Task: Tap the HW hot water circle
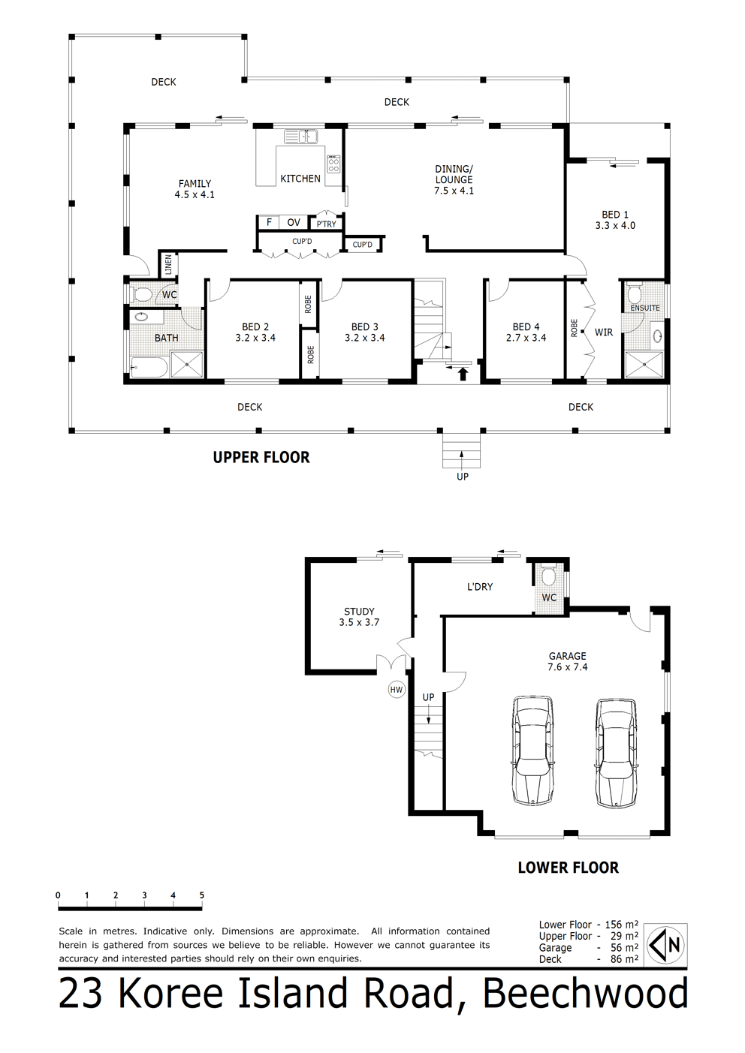(x=397, y=690)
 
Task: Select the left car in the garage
(x=532, y=751)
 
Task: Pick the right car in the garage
(x=616, y=753)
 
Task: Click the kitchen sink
(x=301, y=137)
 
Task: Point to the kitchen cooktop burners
(x=333, y=164)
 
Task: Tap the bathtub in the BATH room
(x=149, y=366)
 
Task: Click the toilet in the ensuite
(x=634, y=293)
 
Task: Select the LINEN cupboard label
(x=168, y=266)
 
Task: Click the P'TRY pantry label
(x=327, y=224)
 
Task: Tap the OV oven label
(x=294, y=222)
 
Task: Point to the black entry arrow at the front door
(x=463, y=374)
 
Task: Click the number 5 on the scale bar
(x=202, y=895)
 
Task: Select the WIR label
(x=603, y=332)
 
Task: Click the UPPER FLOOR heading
(x=261, y=457)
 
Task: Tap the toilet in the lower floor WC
(x=548, y=574)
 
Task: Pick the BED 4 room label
(x=526, y=326)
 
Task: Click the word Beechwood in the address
(x=585, y=992)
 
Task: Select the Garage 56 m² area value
(x=624, y=947)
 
